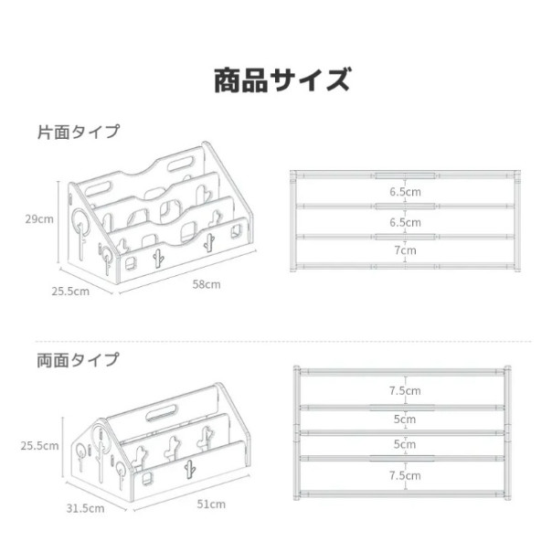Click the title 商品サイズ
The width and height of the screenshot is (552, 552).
tap(282, 80)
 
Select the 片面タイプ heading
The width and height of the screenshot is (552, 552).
tap(79, 132)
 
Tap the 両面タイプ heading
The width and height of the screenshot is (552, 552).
tap(79, 360)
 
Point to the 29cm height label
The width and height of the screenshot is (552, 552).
tap(39, 219)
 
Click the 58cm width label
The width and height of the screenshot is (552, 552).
tap(207, 284)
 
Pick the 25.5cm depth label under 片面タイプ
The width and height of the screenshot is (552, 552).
tap(70, 292)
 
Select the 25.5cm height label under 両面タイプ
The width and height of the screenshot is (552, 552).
tap(39, 446)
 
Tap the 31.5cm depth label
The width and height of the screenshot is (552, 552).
tap(85, 508)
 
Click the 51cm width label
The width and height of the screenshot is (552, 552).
tap(211, 504)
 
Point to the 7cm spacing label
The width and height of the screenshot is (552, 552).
tap(405, 250)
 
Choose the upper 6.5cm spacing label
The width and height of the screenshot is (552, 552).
tap(405, 192)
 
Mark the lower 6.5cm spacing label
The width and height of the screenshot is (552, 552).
tap(405, 222)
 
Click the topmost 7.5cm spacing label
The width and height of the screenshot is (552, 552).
tap(405, 391)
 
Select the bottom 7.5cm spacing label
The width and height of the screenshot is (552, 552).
tap(405, 475)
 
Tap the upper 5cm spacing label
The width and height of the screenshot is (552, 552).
tap(405, 419)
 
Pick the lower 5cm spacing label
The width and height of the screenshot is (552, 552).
tap(405, 444)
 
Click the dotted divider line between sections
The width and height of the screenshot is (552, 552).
tap(283, 341)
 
